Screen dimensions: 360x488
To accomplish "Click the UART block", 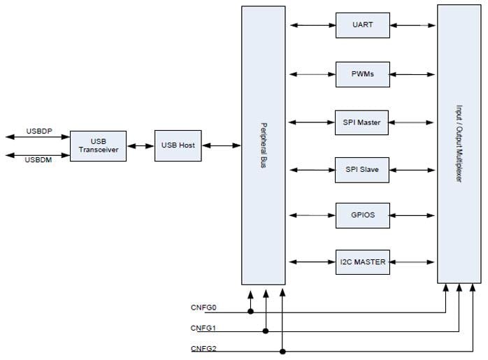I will (362, 26).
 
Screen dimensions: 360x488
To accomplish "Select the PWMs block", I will (362, 73).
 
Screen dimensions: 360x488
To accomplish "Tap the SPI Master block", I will (362, 122).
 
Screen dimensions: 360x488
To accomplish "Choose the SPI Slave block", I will (362, 170).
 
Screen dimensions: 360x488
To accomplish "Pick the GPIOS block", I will (362, 215).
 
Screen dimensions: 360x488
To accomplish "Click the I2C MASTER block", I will (362, 262).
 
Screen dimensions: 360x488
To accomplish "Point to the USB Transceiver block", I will (98, 146).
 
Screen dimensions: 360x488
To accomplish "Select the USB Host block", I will (178, 145).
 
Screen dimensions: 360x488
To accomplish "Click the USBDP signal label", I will (39, 131).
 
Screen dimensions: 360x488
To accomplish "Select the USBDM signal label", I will (39, 160).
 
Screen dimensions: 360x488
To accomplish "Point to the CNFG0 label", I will (203, 308).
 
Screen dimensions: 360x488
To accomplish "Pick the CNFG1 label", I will (203, 328).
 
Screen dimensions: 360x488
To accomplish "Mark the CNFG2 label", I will (203, 348).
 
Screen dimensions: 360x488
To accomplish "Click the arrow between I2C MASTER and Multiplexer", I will (413, 262).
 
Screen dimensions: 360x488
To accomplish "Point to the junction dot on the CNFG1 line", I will (266, 330).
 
